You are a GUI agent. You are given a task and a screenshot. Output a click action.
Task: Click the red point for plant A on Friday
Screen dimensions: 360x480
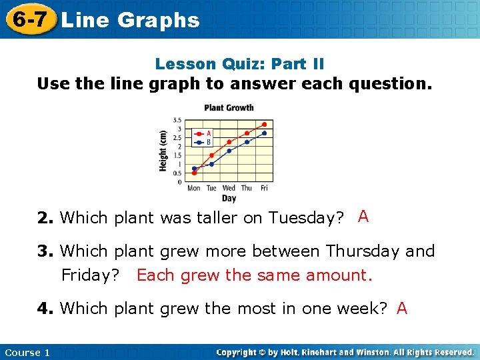point(264,124)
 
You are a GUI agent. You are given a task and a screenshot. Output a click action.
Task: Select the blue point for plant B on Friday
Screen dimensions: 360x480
point(264,133)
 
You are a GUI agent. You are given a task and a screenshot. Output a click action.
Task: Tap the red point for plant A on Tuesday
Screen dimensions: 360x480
point(211,155)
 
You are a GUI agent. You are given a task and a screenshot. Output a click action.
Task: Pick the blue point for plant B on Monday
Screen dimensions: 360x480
point(194,169)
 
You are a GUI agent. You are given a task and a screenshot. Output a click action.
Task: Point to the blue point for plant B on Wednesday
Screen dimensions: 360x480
point(229,151)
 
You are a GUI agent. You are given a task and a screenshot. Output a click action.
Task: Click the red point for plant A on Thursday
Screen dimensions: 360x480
point(247,133)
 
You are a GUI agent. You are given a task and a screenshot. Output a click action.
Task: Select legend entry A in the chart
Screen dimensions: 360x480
point(209,132)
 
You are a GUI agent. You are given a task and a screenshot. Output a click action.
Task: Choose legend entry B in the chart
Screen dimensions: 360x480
point(209,141)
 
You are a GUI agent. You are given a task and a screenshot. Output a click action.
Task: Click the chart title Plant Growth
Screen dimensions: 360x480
point(229,107)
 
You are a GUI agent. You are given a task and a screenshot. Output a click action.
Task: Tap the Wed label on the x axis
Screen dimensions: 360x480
point(229,188)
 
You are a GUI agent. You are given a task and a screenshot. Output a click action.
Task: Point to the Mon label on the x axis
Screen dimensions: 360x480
point(193,188)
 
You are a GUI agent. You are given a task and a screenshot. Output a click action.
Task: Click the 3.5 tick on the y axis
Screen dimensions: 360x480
point(177,120)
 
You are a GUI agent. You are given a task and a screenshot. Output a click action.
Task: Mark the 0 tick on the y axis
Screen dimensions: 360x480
point(179,181)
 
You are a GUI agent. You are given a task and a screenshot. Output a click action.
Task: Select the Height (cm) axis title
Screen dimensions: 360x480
point(163,150)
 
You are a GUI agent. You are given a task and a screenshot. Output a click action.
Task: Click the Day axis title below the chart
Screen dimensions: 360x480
point(229,198)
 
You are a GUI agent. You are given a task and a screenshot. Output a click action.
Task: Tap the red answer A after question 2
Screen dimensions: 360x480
point(363,216)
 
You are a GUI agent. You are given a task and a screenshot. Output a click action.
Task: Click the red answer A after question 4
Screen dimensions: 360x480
point(402,308)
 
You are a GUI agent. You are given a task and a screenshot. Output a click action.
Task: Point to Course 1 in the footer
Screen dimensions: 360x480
point(27,352)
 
